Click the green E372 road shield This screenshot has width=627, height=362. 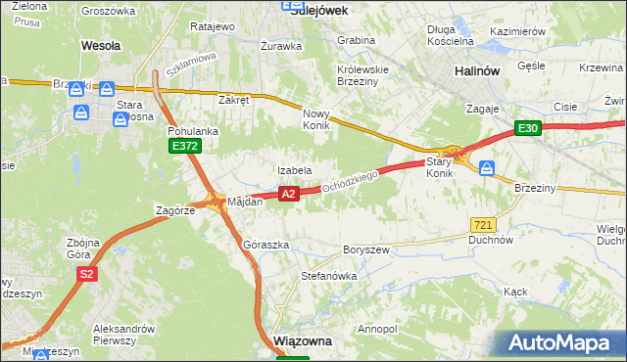pyautogui.click(x=183, y=146)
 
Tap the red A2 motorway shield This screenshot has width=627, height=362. pyautogui.click(x=288, y=195)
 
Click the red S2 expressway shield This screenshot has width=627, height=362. pyautogui.click(x=87, y=275)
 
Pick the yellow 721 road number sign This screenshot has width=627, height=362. pyautogui.click(x=481, y=225)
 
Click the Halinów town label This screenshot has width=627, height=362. pyautogui.click(x=478, y=71)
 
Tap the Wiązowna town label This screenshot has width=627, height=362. pyautogui.click(x=303, y=341)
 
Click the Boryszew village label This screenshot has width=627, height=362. pyautogui.click(x=366, y=249)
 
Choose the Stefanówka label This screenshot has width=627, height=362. pyautogui.click(x=328, y=276)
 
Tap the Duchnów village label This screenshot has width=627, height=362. pyautogui.click(x=491, y=239)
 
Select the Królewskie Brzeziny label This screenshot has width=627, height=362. pyautogui.click(x=363, y=76)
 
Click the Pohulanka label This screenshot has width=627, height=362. pyautogui.click(x=193, y=130)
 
